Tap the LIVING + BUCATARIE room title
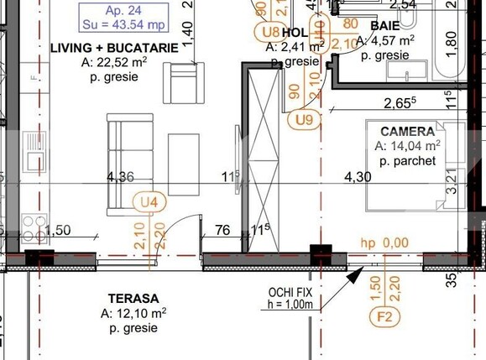(x=114, y=48)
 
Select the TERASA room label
(x=133, y=298)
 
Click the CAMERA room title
(x=407, y=132)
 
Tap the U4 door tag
(x=149, y=201)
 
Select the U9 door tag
(x=304, y=119)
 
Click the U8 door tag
(x=270, y=32)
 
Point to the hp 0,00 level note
(x=384, y=243)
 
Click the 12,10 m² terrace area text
(x=134, y=313)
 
